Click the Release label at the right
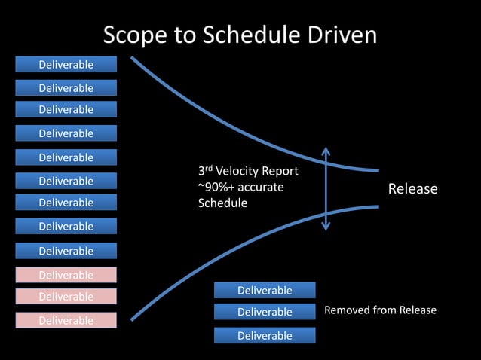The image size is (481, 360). coord(412,189)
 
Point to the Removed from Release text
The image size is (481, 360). coord(380,310)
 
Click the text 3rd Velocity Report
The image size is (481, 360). coord(248,171)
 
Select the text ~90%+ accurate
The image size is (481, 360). coord(240,187)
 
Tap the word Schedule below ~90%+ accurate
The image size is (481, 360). coord(222,203)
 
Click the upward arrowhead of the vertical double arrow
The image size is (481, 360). coord(326,150)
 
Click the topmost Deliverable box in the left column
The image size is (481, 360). coord(66,65)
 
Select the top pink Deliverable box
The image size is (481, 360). coord(66,275)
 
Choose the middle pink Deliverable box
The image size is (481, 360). coord(66,297)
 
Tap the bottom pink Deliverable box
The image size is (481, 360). coord(66,320)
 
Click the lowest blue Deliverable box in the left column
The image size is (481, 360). coord(66,251)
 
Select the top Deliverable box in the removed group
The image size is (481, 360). coord(265,290)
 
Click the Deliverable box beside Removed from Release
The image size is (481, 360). coord(265,312)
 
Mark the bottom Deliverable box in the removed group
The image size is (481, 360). coord(265,336)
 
